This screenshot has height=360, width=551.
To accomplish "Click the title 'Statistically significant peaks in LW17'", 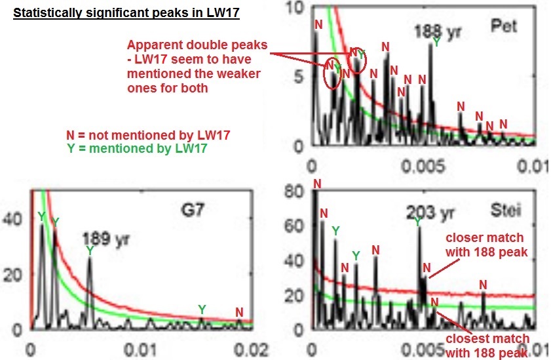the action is (126, 13).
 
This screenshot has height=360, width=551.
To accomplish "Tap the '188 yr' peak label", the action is (438, 31).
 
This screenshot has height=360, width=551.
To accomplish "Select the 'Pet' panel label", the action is (504, 26).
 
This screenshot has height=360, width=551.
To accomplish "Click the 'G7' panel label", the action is (193, 210).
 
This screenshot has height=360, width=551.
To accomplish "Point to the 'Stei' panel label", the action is (506, 210).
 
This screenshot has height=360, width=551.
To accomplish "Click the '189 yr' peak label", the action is (105, 239).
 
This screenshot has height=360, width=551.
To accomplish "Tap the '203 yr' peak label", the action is (430, 212).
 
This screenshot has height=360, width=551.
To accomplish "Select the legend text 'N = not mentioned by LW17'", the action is (148, 135).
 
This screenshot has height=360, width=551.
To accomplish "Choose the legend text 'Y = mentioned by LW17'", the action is (137, 148).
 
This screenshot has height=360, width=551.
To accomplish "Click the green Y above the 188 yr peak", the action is (436, 42).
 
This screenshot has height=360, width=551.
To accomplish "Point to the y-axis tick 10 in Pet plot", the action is (295, 8).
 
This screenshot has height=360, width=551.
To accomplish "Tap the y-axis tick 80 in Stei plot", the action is (294, 192).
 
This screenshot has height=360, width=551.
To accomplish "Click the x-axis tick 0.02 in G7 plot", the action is (251, 350).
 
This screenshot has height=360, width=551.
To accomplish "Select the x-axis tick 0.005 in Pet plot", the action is (423, 166).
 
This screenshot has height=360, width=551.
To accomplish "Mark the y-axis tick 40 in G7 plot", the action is (12, 219).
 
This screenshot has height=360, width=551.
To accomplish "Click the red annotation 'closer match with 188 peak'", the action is (487, 245).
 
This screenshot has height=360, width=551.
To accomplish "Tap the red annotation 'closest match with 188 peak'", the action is (487, 346).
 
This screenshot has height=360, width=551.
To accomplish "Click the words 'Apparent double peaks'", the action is (197, 45).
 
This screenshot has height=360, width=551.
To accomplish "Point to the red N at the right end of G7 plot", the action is (239, 312).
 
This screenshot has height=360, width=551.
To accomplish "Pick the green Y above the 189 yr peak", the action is (90, 250).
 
